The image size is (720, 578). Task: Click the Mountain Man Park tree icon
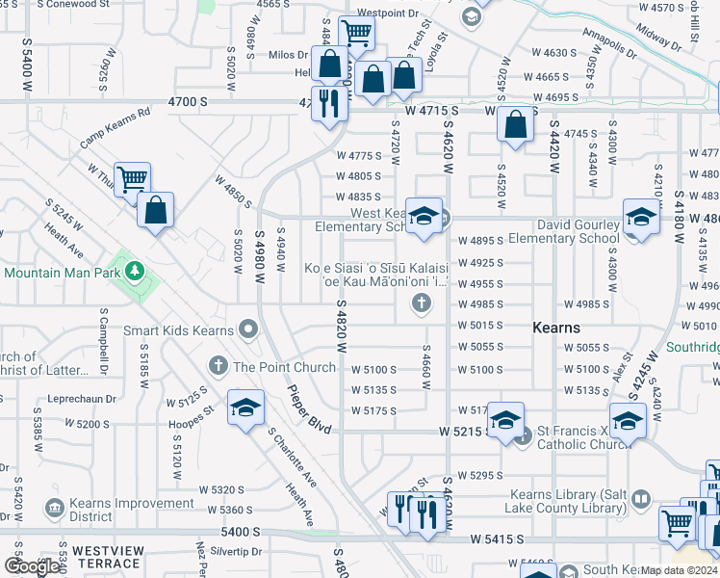tap(136, 267)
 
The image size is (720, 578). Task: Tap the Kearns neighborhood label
tap(556, 328)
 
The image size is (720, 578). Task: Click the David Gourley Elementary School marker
tap(640, 216)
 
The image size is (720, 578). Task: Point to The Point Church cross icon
tap(219, 366)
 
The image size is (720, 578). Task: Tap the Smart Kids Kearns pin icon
tap(247, 329)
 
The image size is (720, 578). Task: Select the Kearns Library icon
tap(641, 499)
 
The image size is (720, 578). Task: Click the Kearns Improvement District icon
tap(54, 507)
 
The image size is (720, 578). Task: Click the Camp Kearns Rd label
tap(116, 127)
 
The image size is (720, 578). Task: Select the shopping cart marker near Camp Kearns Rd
tap(132, 179)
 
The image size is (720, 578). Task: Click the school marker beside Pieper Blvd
tap(245, 407)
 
